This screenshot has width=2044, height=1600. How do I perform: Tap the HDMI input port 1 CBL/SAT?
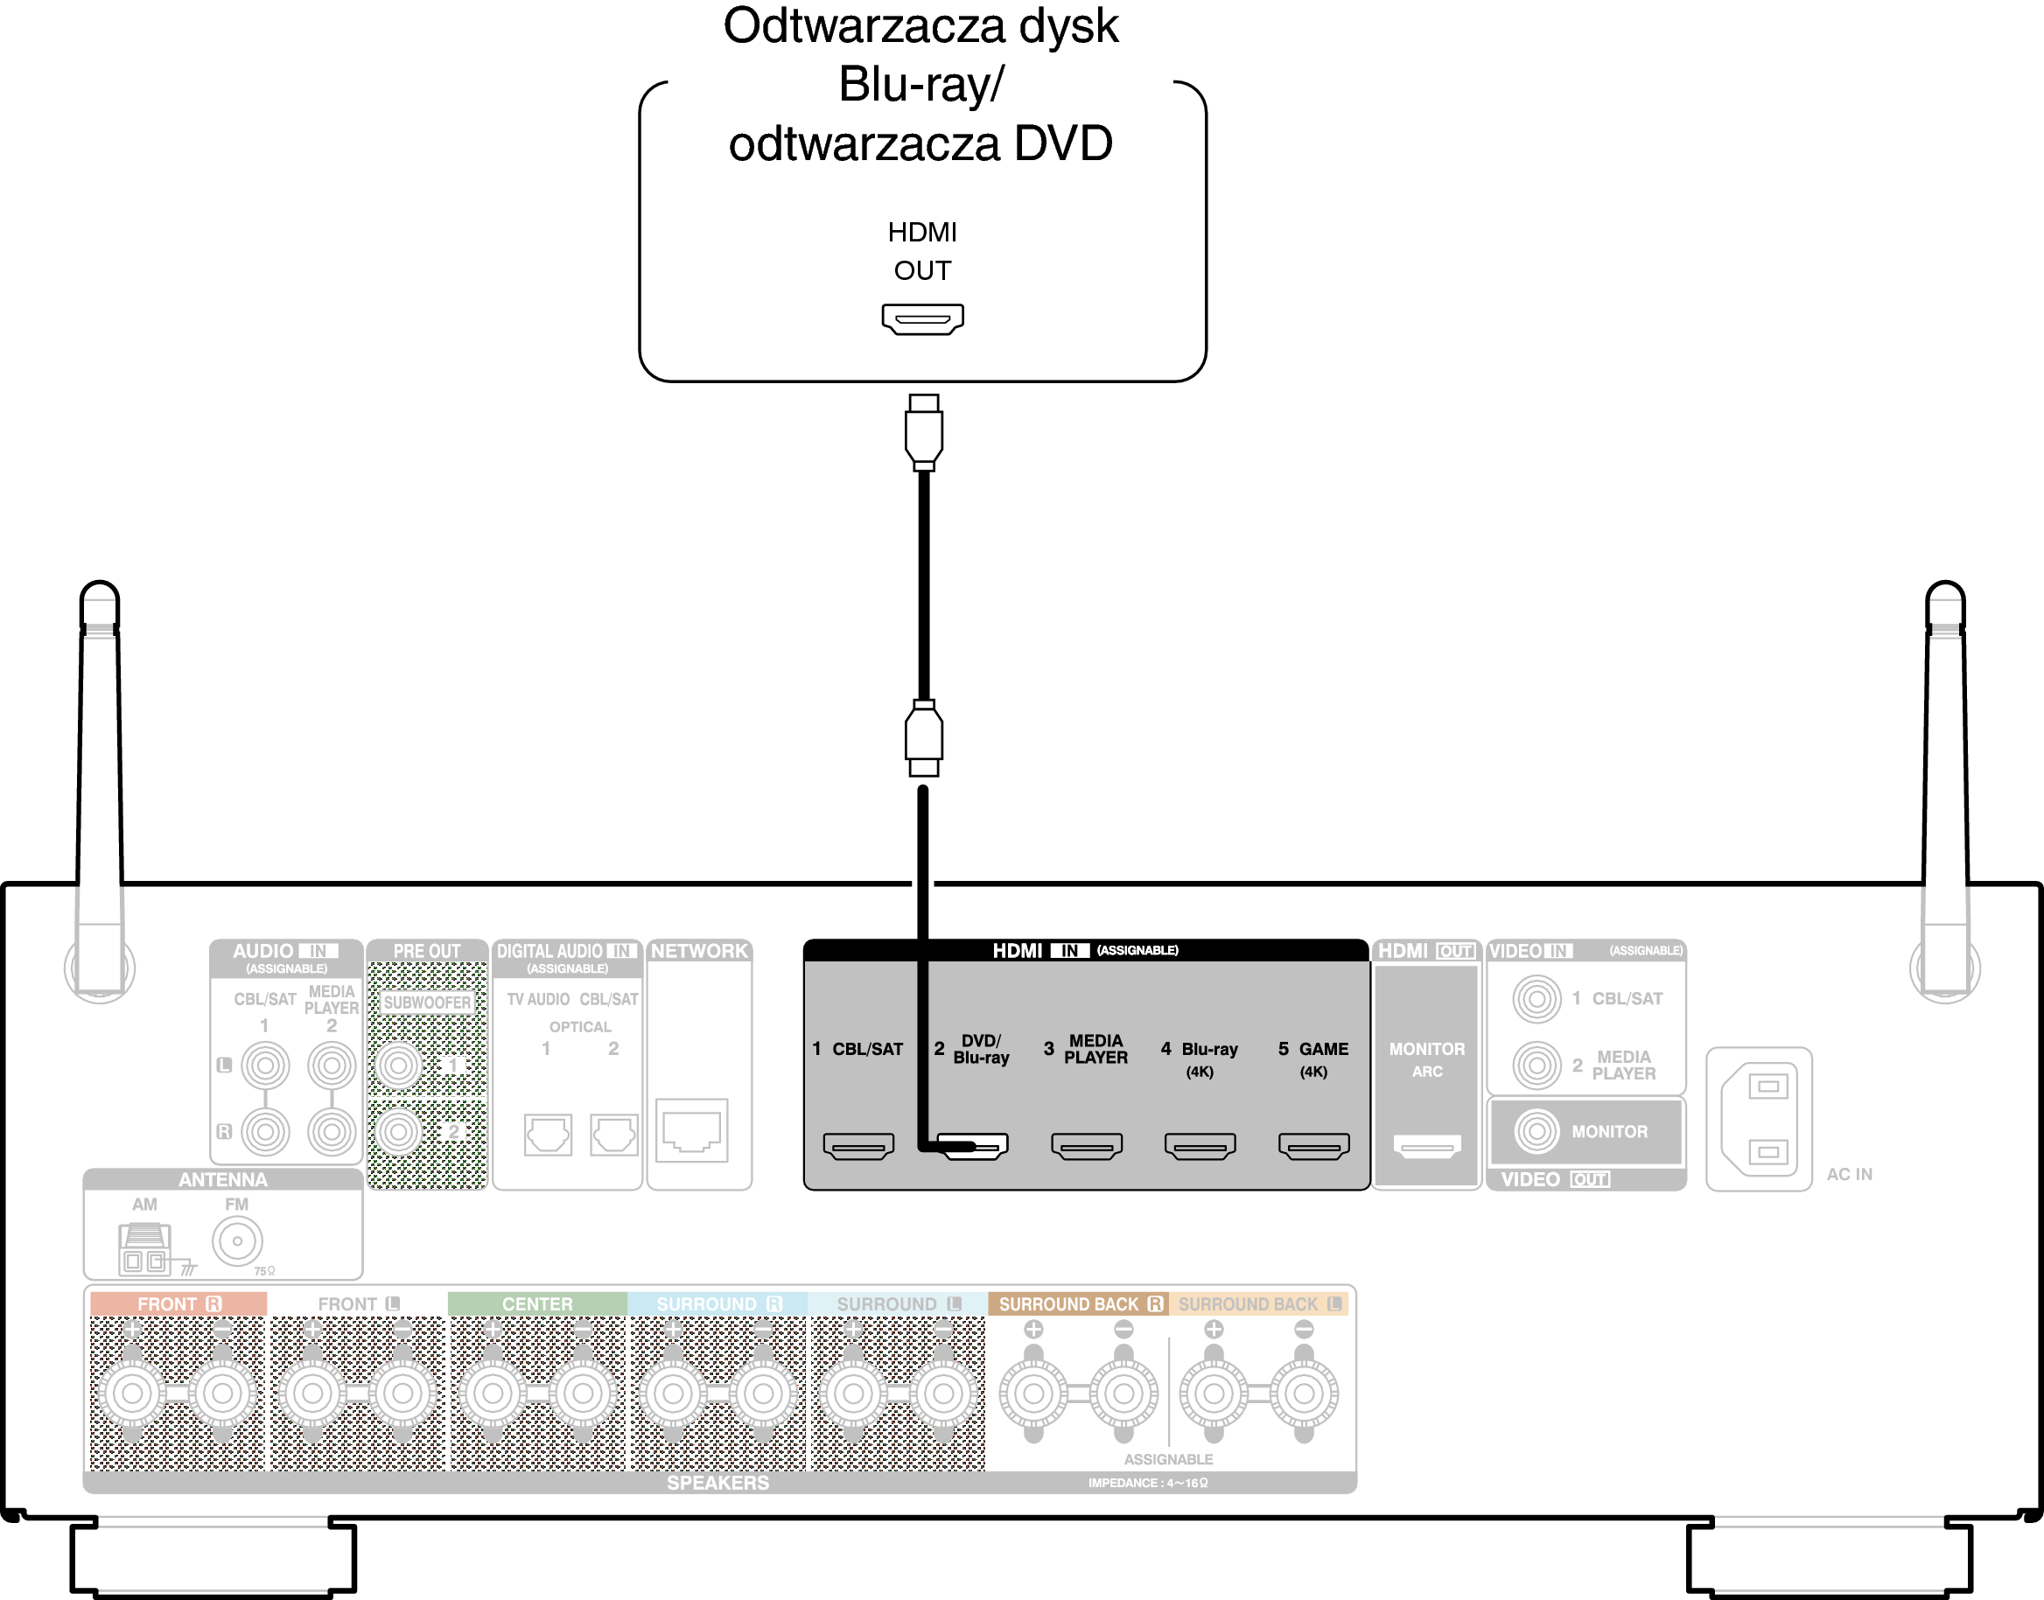tap(858, 1146)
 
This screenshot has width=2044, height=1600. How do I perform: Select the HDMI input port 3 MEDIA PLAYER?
tap(1087, 1146)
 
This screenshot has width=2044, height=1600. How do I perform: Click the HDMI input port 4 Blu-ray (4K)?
tap(1200, 1146)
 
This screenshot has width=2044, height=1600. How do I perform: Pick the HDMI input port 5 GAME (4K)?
tap(1313, 1146)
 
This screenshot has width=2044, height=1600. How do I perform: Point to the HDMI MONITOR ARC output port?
tap(1426, 1146)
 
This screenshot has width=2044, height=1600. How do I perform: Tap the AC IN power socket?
tap(1760, 1120)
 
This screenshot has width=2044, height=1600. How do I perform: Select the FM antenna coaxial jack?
tap(237, 1241)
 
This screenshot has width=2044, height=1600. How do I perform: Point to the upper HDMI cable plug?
tap(924, 433)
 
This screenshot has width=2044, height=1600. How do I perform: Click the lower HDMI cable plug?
tap(924, 738)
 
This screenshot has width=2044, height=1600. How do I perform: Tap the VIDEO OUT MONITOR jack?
tap(1536, 1132)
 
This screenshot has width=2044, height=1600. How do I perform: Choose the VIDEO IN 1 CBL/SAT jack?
tap(1536, 999)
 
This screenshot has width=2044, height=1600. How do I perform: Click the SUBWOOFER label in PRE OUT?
tap(427, 1003)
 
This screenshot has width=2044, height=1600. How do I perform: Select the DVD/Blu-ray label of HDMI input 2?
tap(981, 1049)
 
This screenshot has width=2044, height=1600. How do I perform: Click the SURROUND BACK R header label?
tap(1078, 1304)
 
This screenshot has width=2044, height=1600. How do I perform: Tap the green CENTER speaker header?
tap(536, 1304)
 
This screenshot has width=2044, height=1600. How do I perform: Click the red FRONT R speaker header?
tap(178, 1304)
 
